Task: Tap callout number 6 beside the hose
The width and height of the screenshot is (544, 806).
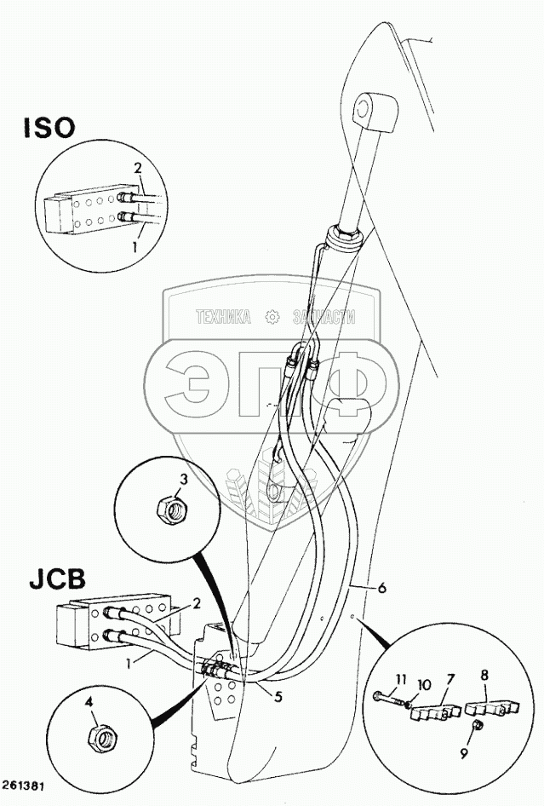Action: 381,588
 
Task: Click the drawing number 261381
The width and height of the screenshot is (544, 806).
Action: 25,785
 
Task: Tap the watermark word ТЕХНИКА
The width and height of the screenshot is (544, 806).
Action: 223,317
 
